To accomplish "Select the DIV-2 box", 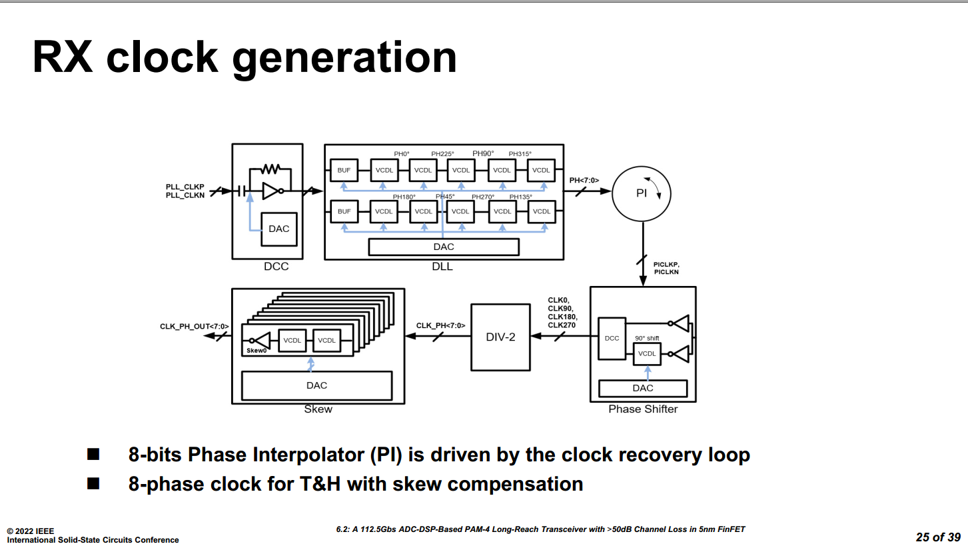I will coord(501,337).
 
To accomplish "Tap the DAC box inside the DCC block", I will coord(278,229).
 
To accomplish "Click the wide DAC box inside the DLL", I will coord(444,247).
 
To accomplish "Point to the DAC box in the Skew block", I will coord(316,385).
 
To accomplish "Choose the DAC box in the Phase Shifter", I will coord(643,388).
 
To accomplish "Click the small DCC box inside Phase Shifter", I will coord(612,338).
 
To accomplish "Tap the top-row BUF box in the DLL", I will coord(344,170).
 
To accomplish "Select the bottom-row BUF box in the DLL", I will coord(344,211).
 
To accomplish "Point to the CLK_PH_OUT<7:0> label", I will coord(194,326).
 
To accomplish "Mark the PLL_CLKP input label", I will coord(185,186).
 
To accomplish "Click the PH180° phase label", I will coord(404,197).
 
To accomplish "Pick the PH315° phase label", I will coord(520,154).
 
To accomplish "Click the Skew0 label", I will coord(256,350).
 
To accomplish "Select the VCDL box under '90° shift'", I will coord(646,353).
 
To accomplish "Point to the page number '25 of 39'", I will coord(938,537).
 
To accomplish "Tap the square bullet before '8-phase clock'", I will coord(93,483).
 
